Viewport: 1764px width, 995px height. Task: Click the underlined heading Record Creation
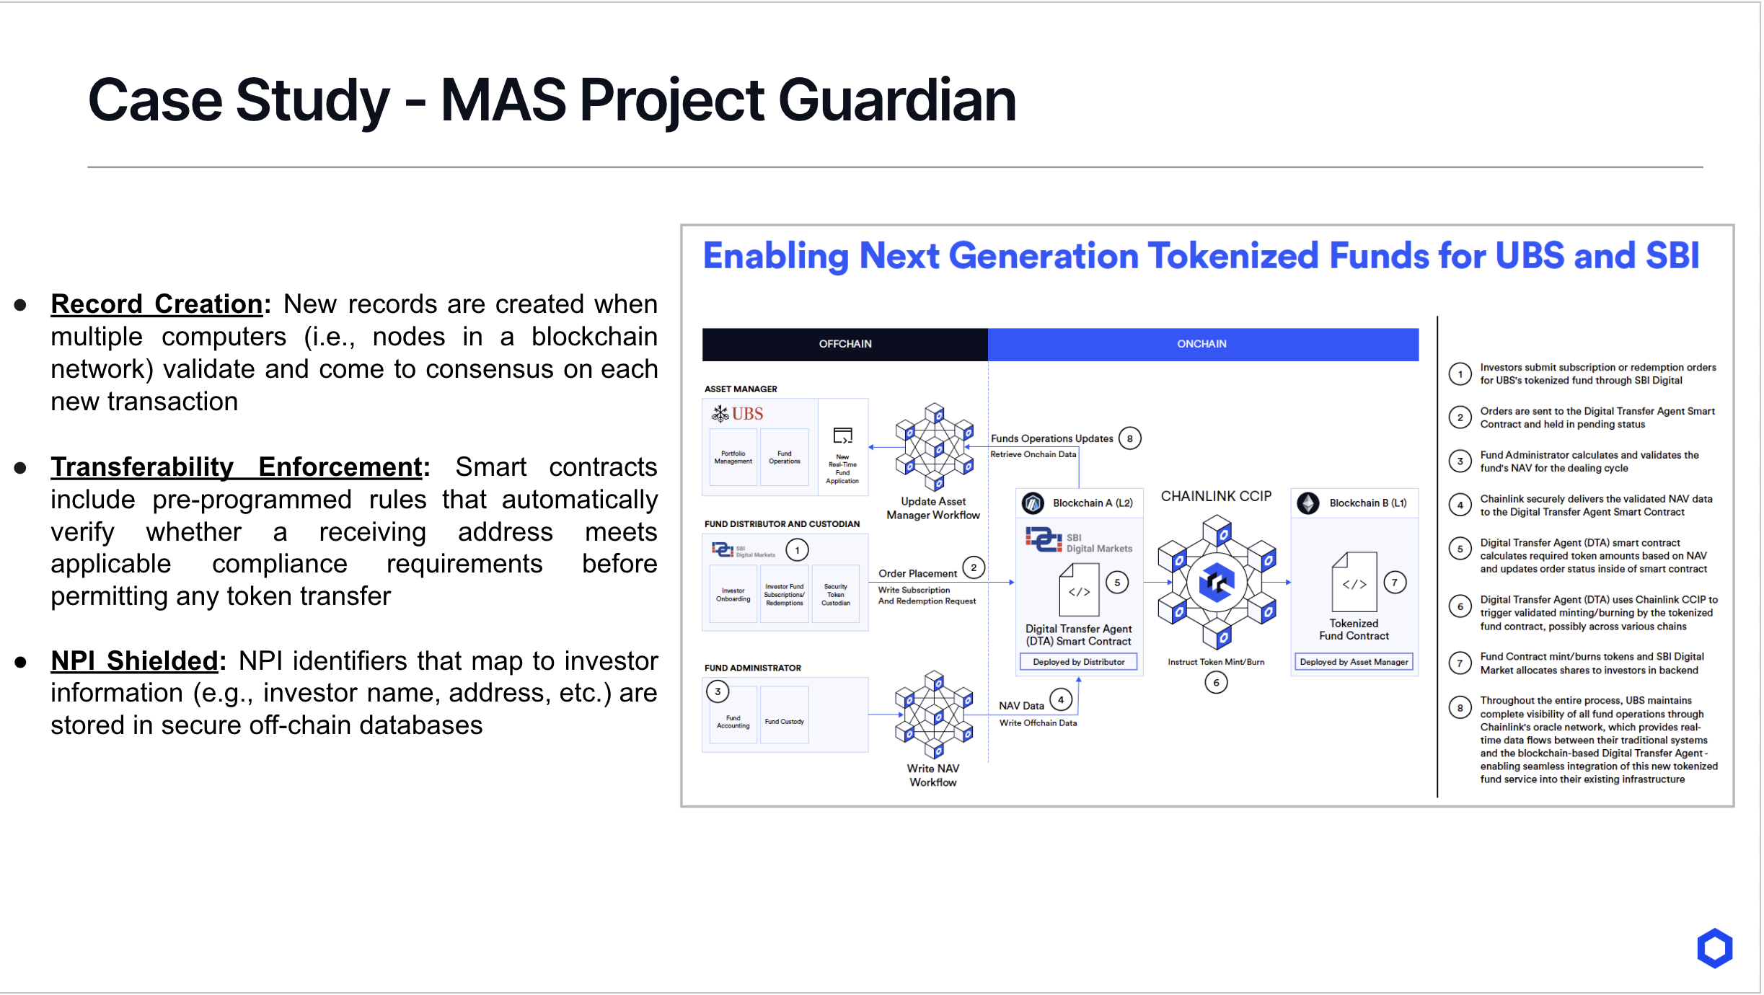156,304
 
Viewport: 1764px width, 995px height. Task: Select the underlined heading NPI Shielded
134,660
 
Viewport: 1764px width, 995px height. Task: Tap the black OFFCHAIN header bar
844,344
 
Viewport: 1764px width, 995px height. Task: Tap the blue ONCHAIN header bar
1201,344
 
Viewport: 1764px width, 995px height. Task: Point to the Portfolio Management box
733,458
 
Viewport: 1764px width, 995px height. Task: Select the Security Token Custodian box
835,595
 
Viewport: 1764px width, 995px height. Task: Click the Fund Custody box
784,721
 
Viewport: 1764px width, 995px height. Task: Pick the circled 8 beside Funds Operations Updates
1129,438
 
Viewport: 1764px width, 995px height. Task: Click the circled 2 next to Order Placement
974,567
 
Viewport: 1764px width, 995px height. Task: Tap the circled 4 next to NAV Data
1060,699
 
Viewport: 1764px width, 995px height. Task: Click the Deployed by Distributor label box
1078,662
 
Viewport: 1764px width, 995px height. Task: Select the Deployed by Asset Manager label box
1354,662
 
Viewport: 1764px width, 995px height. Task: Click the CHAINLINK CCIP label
1216,496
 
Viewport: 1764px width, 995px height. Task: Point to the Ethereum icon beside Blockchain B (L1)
1307,503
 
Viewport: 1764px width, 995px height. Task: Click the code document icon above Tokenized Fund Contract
1354,583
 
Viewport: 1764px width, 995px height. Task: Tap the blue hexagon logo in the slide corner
1714,948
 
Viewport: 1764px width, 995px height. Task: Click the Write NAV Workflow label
932,775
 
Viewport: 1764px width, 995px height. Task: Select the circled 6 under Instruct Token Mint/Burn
1216,682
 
